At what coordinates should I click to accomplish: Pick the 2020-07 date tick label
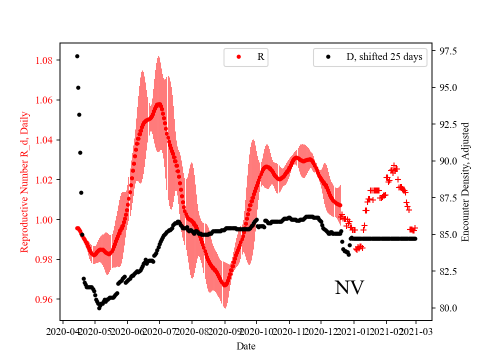tap(159, 331)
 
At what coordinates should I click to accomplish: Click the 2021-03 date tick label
tap(415, 331)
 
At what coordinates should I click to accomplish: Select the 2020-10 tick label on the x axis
tap(257, 331)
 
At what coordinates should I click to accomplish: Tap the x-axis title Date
tap(246, 345)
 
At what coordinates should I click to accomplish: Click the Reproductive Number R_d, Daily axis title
tap(24, 182)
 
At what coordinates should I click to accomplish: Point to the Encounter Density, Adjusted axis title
tap(465, 181)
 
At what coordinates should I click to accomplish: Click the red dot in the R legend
tap(238, 57)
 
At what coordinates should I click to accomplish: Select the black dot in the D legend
tap(328, 57)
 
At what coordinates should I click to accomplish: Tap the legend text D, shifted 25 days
tap(384, 57)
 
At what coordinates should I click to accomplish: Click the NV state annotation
tap(349, 287)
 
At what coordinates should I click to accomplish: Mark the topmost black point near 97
tap(77, 56)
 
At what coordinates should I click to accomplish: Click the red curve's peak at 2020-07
tap(159, 104)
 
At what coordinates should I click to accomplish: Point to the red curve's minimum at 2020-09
tap(225, 285)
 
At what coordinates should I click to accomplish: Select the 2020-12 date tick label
tap(321, 331)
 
